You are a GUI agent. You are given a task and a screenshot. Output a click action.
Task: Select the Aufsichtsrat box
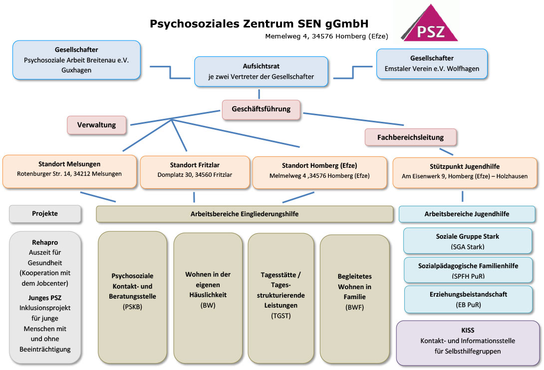click(x=261, y=72)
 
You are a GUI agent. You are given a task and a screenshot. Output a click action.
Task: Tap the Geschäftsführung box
click(x=261, y=108)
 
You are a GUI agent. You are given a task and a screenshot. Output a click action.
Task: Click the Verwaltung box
click(x=96, y=125)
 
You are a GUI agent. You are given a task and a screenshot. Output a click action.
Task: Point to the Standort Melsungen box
click(x=69, y=169)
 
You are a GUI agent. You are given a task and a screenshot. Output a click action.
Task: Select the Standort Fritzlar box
click(x=195, y=170)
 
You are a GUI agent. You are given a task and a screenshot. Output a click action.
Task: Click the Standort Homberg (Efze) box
click(x=319, y=171)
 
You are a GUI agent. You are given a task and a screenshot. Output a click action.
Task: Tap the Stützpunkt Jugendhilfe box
click(x=464, y=171)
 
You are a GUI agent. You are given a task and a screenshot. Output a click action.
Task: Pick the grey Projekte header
click(x=45, y=213)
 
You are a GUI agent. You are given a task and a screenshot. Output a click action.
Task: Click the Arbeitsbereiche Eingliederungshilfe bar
click(x=244, y=214)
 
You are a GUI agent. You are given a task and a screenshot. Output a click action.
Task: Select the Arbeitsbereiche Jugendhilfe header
click(x=467, y=214)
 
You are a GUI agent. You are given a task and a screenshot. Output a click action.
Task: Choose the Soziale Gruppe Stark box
click(x=467, y=241)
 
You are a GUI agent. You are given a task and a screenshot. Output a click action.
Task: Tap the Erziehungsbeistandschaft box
click(x=467, y=299)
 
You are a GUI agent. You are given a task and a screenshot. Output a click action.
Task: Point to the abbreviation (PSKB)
click(x=132, y=307)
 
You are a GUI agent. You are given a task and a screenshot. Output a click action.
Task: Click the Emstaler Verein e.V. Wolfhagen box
click(x=431, y=63)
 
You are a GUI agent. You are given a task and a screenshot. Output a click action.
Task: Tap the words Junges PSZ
click(x=45, y=298)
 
